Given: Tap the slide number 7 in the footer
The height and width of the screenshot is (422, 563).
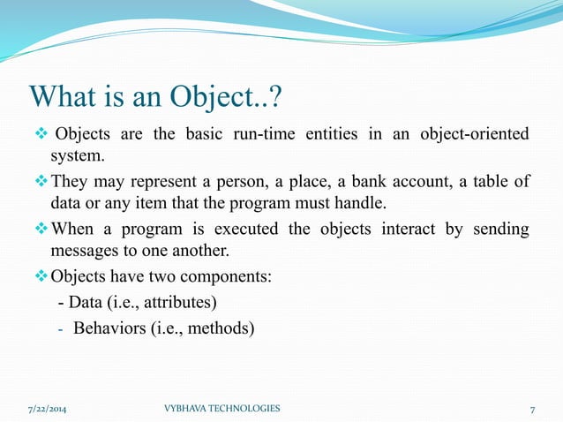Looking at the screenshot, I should point(532,409).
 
